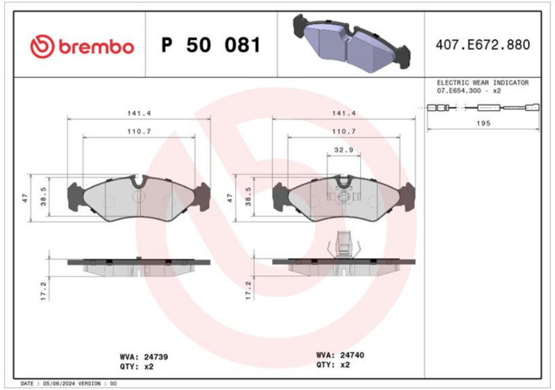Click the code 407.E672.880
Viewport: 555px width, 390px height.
tap(483, 46)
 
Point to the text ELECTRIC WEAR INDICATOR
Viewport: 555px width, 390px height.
tap(482, 82)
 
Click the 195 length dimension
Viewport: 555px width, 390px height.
tap(483, 123)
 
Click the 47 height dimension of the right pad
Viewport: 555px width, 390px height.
tap(228, 197)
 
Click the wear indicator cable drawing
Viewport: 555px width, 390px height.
tap(483, 107)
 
